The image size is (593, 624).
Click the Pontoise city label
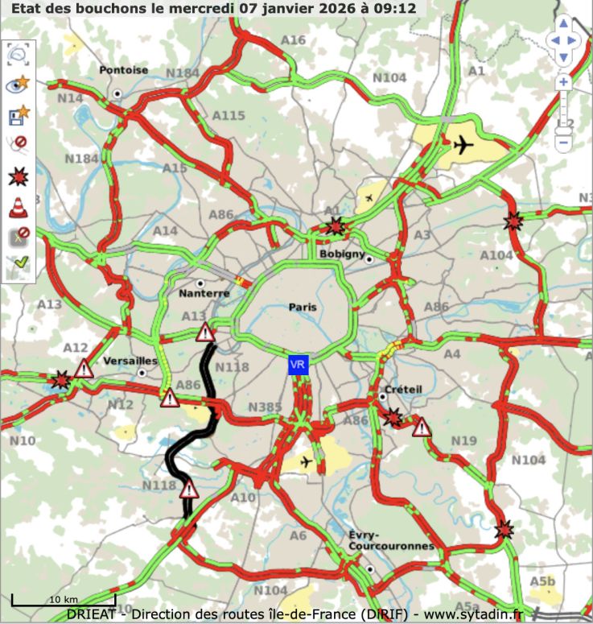point(124,70)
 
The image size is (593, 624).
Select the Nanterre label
point(204,293)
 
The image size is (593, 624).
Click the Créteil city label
point(403,389)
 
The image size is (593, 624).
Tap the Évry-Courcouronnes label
point(391,540)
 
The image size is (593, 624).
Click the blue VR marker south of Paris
point(298,365)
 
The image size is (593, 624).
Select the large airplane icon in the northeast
point(463,146)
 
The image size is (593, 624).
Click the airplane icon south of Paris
point(305,461)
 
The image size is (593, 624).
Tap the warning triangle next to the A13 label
point(206,332)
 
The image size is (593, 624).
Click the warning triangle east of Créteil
point(422,428)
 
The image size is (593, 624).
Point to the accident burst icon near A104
point(513,221)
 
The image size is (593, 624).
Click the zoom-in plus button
point(563,82)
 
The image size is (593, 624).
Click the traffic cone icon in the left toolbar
point(18,207)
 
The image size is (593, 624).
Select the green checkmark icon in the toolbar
point(18,264)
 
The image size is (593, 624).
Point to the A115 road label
point(229,116)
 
